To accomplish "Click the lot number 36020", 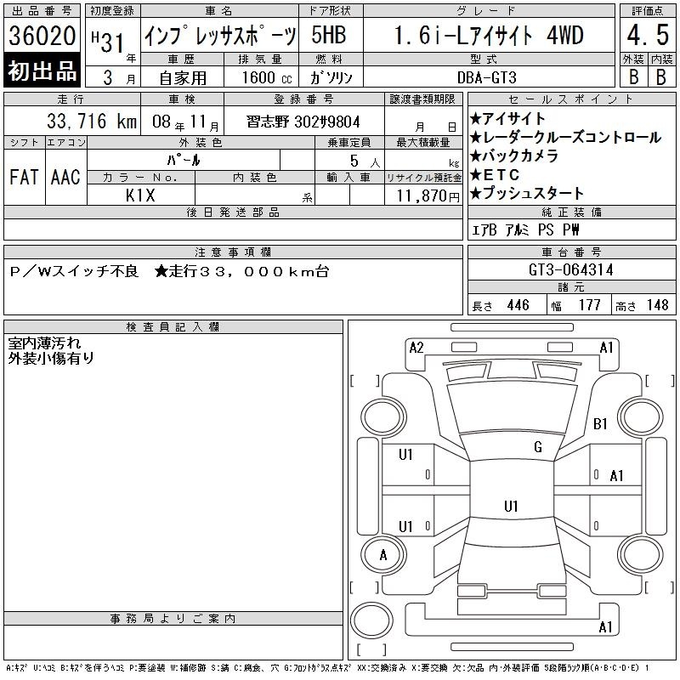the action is [x=42, y=36].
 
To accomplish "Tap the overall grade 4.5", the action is [x=648, y=35].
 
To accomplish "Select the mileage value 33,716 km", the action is [x=92, y=121].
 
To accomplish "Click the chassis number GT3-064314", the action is [x=570, y=269].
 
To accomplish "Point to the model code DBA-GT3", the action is [x=486, y=77].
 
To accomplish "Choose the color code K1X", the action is [x=140, y=195].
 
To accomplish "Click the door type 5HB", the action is [x=329, y=35].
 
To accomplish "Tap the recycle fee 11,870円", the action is [x=428, y=196].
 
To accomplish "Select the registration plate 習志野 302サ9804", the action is [x=303, y=122].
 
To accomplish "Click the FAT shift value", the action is [x=24, y=177].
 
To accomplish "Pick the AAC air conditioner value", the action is [x=65, y=177].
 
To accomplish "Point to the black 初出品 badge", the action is [x=42, y=71].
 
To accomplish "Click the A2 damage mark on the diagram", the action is [x=416, y=348].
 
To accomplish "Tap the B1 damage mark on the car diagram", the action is [x=600, y=423].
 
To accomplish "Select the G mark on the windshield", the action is [x=538, y=447].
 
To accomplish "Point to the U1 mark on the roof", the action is [x=511, y=506].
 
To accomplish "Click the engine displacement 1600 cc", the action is [x=267, y=77].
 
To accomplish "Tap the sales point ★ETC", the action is [x=495, y=175].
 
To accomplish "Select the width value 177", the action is [x=589, y=305].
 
